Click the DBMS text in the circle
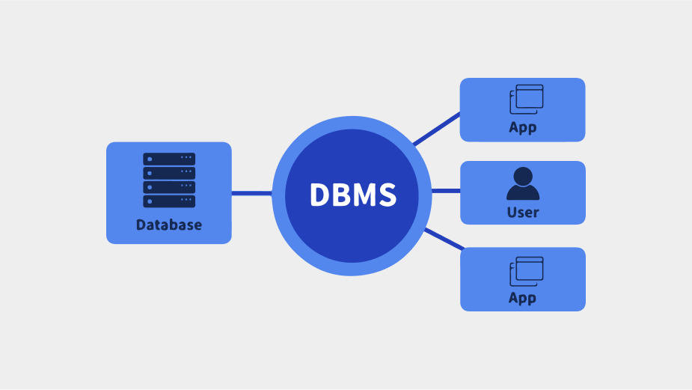[352, 195]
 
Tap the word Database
[169, 225]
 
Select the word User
[523, 213]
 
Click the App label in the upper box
[522, 127]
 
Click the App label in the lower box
[522, 298]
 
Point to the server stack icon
[169, 180]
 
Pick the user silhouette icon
[523, 183]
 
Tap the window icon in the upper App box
[527, 99]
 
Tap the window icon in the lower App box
[527, 271]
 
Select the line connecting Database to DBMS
[251, 193]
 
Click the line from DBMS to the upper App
[437, 128]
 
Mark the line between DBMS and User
[446, 191]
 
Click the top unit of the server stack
[169, 159]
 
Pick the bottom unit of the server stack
[169, 201]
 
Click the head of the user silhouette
[523, 176]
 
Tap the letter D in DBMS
[319, 195]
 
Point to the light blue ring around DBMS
[278, 196]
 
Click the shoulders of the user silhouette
[523, 193]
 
